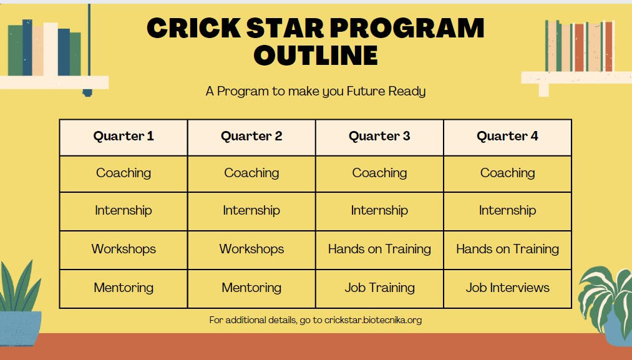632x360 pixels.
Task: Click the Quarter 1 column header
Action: (x=124, y=137)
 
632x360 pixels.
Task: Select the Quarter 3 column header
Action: (x=379, y=137)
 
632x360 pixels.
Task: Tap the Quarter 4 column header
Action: (x=507, y=137)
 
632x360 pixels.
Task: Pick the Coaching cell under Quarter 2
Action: (x=251, y=173)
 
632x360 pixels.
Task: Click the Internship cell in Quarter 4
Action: (x=507, y=212)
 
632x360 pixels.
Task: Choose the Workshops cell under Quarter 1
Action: (x=124, y=250)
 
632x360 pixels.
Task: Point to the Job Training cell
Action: (x=379, y=289)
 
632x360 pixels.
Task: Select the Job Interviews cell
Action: (x=507, y=289)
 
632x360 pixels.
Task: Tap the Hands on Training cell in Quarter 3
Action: (x=379, y=250)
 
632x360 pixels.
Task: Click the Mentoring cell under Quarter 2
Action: (x=251, y=289)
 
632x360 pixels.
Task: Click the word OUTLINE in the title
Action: (x=316, y=56)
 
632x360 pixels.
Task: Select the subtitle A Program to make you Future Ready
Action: (x=316, y=91)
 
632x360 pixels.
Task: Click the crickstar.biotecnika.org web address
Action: (x=373, y=320)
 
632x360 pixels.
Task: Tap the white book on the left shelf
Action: (x=51, y=49)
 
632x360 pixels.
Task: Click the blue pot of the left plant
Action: (x=20, y=328)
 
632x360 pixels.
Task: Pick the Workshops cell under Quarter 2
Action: (x=251, y=250)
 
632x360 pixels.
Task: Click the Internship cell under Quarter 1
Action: (x=124, y=212)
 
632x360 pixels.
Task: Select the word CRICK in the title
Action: (x=194, y=28)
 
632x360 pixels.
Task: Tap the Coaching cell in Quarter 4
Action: (x=507, y=173)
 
